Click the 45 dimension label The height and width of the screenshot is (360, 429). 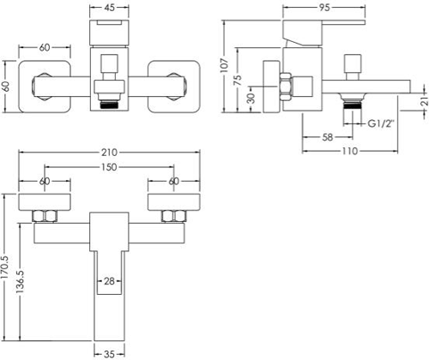coord(109,8)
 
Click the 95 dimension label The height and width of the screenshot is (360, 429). coord(324,8)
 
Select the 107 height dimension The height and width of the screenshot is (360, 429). coord(225,65)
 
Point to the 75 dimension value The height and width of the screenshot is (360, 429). coord(238,80)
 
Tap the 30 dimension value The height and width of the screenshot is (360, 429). coord(251,99)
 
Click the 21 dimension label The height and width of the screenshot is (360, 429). coord(425,101)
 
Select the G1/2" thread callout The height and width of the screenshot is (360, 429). coord(381,123)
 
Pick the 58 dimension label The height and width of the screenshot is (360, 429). coord(328,137)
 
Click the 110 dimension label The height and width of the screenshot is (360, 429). coord(350,151)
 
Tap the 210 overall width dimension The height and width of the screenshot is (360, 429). coord(109,153)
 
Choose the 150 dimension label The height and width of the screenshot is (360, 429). coord(109,167)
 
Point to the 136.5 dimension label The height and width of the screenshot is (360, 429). coord(21,282)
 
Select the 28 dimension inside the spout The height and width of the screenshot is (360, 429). coord(109,281)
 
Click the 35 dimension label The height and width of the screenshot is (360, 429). coord(109,354)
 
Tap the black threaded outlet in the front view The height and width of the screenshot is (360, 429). coord(109,105)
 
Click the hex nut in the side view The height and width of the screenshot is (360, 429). coord(285,87)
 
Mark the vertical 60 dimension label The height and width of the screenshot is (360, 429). coord(6,87)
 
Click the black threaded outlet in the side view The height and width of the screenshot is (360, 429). coord(353,105)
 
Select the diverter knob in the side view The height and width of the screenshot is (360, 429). coord(353,67)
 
